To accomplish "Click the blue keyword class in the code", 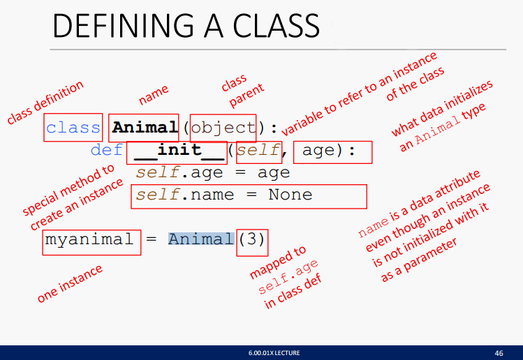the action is pos(73,128).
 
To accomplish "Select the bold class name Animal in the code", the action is pos(145,127).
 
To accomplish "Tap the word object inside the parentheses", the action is pos(223,128).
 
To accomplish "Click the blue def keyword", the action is pos(107,150).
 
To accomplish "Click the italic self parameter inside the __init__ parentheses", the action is pos(258,150).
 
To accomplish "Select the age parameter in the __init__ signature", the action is pos(318,151).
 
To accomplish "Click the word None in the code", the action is pos(290,195).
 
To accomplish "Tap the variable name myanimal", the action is pos(89,239).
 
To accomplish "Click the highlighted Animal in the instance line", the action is pos(201,239).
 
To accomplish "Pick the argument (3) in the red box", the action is pos(252,239).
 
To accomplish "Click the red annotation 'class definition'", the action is pos(45,102).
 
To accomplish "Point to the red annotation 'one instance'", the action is pos(70,283).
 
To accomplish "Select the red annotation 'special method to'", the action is pos(68,189).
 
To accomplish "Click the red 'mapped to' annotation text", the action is pos(277,262).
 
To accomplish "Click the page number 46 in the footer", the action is pos(499,353).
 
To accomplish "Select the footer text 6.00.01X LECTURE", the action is pos(274,352).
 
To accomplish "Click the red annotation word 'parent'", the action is pos(246,96).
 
